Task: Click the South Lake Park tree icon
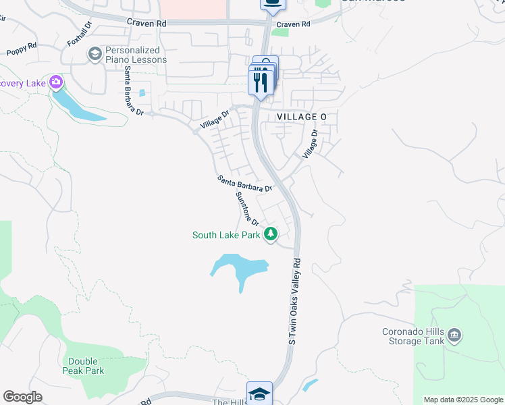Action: click(x=271, y=235)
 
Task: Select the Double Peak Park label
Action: click(x=86, y=366)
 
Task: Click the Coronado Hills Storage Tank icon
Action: click(x=454, y=335)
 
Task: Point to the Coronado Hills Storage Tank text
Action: click(x=413, y=336)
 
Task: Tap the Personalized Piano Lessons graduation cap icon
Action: click(x=95, y=53)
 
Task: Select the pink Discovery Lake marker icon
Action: click(x=55, y=83)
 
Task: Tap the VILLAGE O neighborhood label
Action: click(x=302, y=117)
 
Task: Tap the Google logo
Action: click(x=22, y=397)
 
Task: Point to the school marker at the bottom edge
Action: click(x=259, y=394)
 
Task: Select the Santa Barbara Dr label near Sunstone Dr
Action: click(x=244, y=184)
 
